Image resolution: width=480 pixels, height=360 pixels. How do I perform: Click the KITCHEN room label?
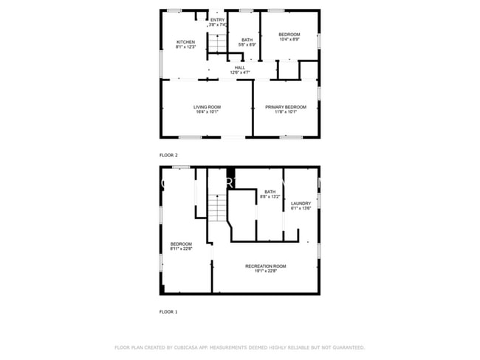[185, 42]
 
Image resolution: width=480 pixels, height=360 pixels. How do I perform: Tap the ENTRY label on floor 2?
[218, 20]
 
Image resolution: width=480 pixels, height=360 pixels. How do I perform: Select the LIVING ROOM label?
[207, 107]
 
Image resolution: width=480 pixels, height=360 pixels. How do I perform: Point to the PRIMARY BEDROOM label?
[286, 107]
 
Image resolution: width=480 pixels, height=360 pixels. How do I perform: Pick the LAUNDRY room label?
[301, 204]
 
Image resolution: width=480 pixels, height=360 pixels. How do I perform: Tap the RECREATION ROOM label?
[266, 266]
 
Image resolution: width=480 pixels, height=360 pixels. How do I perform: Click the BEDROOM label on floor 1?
[181, 244]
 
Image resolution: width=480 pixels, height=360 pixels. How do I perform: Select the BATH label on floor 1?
[270, 192]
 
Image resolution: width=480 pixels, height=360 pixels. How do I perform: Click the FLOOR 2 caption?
[168, 155]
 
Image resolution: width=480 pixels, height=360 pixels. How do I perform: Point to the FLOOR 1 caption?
[168, 311]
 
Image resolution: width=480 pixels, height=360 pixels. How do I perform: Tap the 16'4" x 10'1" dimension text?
[207, 112]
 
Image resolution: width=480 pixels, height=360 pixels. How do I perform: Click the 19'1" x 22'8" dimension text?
[266, 271]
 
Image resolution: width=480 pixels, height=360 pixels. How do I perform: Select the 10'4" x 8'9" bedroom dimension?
[289, 40]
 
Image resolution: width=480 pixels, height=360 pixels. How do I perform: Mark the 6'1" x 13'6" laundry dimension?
[301, 209]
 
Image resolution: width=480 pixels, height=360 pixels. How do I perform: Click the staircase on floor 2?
[216, 43]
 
